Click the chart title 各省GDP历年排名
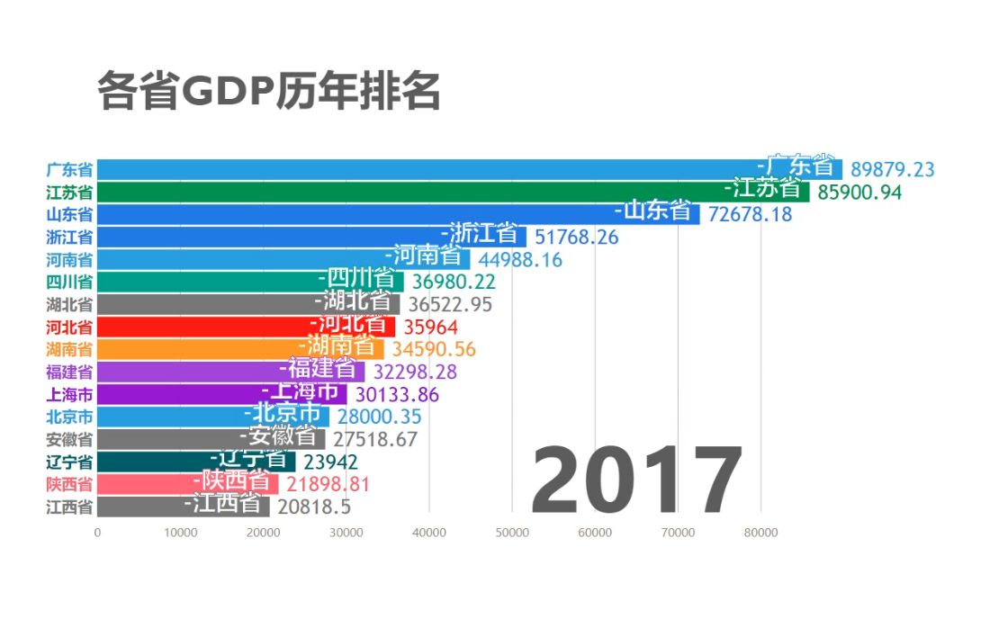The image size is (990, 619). click(268, 91)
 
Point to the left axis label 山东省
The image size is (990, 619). click(69, 214)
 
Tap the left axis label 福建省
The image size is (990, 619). click(69, 372)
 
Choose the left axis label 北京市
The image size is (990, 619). click(69, 417)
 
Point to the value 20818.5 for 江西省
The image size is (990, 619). click(314, 507)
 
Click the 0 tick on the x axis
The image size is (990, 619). click(97, 533)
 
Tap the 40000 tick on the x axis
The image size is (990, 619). click(428, 533)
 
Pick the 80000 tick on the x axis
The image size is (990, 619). click(760, 533)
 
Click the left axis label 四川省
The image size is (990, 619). click(69, 282)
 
